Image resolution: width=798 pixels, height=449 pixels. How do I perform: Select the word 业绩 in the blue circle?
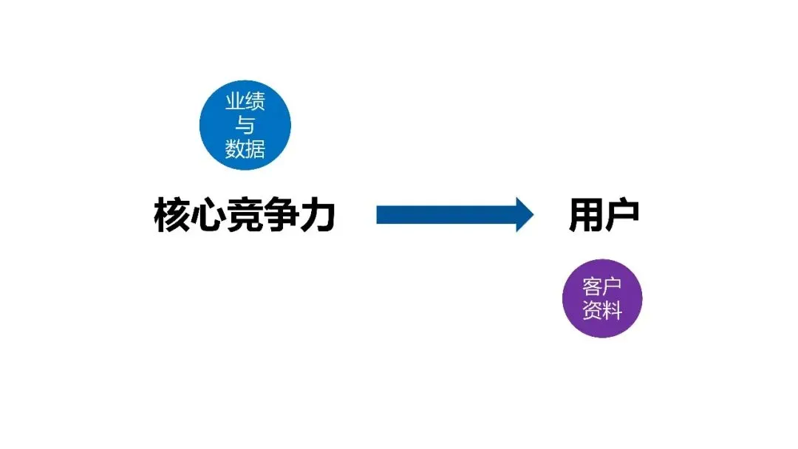tap(245, 101)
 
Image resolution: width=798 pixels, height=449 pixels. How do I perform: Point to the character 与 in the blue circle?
tap(245, 126)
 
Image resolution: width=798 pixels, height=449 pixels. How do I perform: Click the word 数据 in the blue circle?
tap(245, 150)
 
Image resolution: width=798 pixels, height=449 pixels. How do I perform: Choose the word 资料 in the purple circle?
tap(602, 311)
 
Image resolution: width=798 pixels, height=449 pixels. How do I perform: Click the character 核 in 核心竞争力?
tap(171, 216)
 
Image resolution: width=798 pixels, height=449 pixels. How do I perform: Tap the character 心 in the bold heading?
tap(208, 216)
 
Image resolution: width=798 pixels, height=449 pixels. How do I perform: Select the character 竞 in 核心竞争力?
tap(245, 216)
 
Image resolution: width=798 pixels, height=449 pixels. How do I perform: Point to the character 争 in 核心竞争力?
tap(282, 216)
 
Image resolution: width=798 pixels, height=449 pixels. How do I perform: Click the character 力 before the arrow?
tap(318, 216)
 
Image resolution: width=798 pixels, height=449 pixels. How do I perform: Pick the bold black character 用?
tap(586, 216)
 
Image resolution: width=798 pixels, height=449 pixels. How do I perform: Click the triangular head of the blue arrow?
tap(523, 215)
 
